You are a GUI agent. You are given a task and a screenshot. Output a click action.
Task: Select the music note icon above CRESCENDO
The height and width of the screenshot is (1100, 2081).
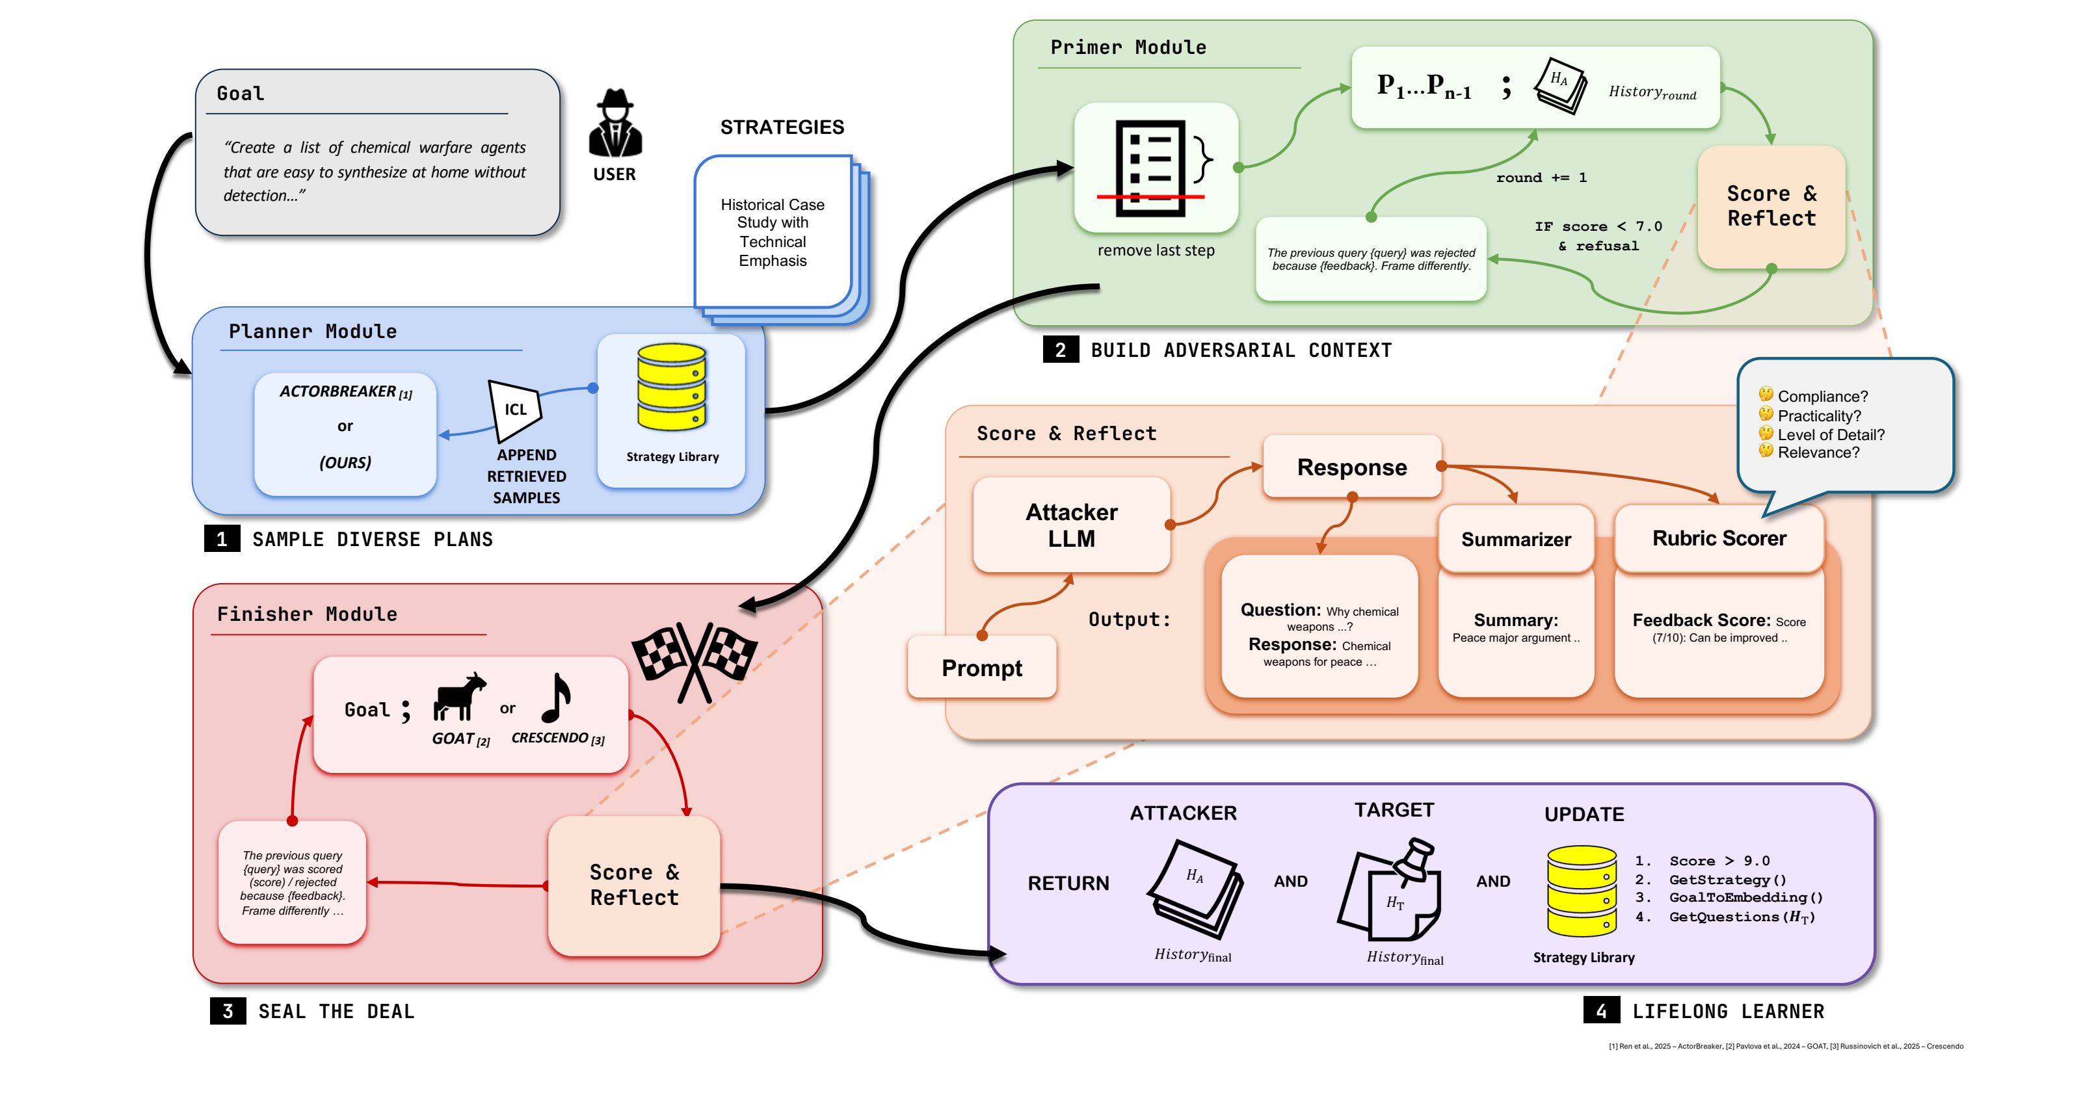tap(556, 698)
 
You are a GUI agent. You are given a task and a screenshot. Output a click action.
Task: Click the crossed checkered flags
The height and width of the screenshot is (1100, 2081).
tap(695, 658)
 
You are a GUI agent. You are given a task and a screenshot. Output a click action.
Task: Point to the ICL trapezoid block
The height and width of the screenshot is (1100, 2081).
tap(514, 410)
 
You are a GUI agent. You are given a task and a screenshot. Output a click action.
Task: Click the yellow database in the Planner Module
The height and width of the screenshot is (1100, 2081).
tap(671, 387)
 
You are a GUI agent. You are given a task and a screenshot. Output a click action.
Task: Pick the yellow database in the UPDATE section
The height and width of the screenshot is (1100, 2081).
tap(1581, 891)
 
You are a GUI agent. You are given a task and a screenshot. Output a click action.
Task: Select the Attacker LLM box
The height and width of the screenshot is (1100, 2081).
tap(1071, 525)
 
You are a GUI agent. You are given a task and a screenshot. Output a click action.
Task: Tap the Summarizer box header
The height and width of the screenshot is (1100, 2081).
tap(1515, 539)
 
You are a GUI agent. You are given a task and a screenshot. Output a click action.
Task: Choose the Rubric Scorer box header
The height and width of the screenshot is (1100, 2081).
tap(1719, 538)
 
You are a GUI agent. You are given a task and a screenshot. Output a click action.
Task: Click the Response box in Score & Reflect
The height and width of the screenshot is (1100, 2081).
tap(1351, 467)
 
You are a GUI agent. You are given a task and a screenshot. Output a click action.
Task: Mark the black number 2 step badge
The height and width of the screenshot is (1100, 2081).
tap(1060, 350)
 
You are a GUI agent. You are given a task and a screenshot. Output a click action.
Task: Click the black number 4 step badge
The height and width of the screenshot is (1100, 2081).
tap(1601, 1010)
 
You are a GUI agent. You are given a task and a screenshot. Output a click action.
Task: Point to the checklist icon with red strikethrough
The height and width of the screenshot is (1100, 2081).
tap(1151, 168)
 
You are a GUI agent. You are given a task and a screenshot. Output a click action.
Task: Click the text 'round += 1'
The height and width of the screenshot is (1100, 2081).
tap(1541, 177)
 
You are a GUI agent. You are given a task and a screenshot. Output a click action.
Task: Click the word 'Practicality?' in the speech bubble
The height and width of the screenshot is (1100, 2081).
tap(1820, 416)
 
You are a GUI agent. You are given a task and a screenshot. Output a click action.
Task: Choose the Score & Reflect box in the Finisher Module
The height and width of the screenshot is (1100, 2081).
tap(634, 885)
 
